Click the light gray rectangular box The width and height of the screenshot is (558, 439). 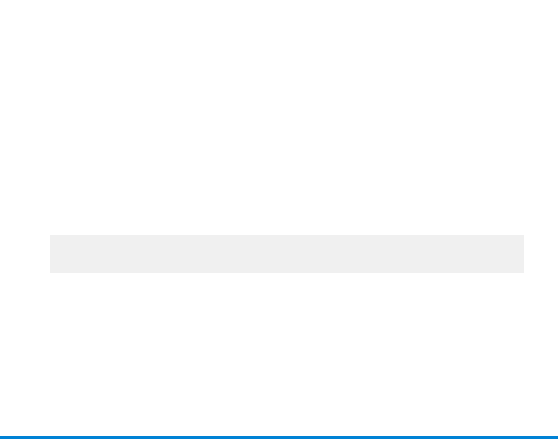pyautogui.click(x=287, y=254)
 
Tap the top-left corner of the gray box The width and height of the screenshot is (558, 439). pyautogui.click(x=50, y=236)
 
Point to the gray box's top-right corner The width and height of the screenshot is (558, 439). pyautogui.click(x=523, y=236)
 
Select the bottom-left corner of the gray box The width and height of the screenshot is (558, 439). pyautogui.click(x=50, y=272)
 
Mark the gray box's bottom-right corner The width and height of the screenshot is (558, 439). pyautogui.click(x=523, y=272)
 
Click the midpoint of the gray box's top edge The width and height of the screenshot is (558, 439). pyautogui.click(x=287, y=236)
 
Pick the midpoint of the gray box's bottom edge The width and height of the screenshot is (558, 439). pyautogui.click(x=287, y=272)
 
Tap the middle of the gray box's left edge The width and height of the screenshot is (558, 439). pyautogui.click(x=50, y=254)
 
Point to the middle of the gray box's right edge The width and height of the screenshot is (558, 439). pyautogui.click(x=523, y=254)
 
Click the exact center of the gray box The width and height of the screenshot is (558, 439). pyautogui.click(x=287, y=254)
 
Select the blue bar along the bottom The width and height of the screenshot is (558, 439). pyautogui.click(x=279, y=437)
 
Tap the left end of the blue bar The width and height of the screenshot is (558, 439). pyautogui.click(x=2, y=437)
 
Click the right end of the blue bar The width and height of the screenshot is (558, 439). pyautogui.click(x=556, y=437)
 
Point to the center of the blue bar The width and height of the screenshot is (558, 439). pyautogui.click(x=279, y=437)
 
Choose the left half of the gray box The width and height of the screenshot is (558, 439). pyautogui.click(x=169, y=254)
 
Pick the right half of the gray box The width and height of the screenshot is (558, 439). pyautogui.click(x=405, y=254)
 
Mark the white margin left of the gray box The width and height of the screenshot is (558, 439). pyautogui.click(x=25, y=254)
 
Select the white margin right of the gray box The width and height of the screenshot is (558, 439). pyautogui.click(x=541, y=254)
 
